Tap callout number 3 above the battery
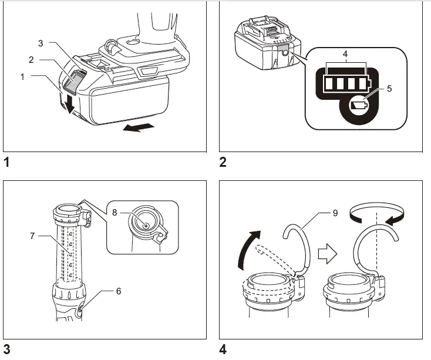tap(41, 43)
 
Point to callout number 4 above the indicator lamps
tap(345, 53)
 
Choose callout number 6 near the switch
tap(118, 290)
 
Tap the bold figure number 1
tap(6, 162)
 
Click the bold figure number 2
tap(223, 162)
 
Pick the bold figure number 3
tap(6, 350)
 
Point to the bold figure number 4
tap(223, 350)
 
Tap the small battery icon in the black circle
tap(358, 106)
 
